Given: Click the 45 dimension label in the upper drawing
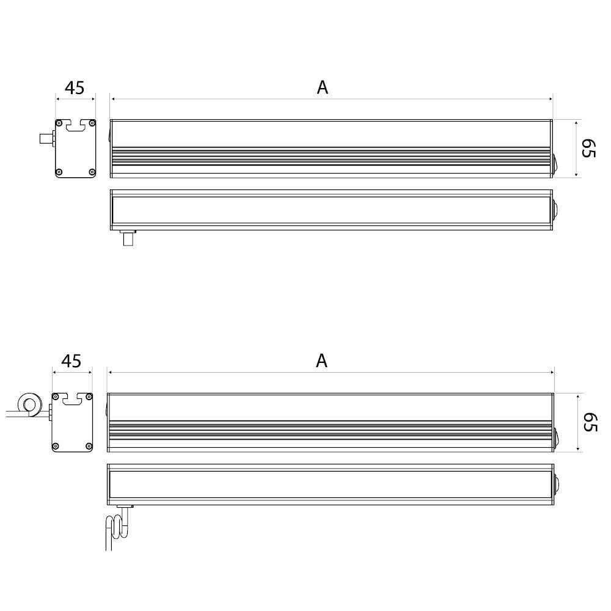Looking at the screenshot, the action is click(75, 88).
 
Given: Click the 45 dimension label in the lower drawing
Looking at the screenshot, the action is click(71, 361).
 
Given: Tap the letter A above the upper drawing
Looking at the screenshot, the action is click(322, 87).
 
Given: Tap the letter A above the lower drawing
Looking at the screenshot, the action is click(321, 361).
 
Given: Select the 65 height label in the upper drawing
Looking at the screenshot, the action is click(588, 148).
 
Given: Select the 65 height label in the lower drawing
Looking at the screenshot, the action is click(590, 422).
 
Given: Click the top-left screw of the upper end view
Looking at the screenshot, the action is click(59, 123).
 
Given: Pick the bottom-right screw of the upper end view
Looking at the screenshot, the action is click(92, 172).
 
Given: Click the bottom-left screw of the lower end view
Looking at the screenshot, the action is click(56, 445).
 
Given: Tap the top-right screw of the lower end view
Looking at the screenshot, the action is click(89, 397).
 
